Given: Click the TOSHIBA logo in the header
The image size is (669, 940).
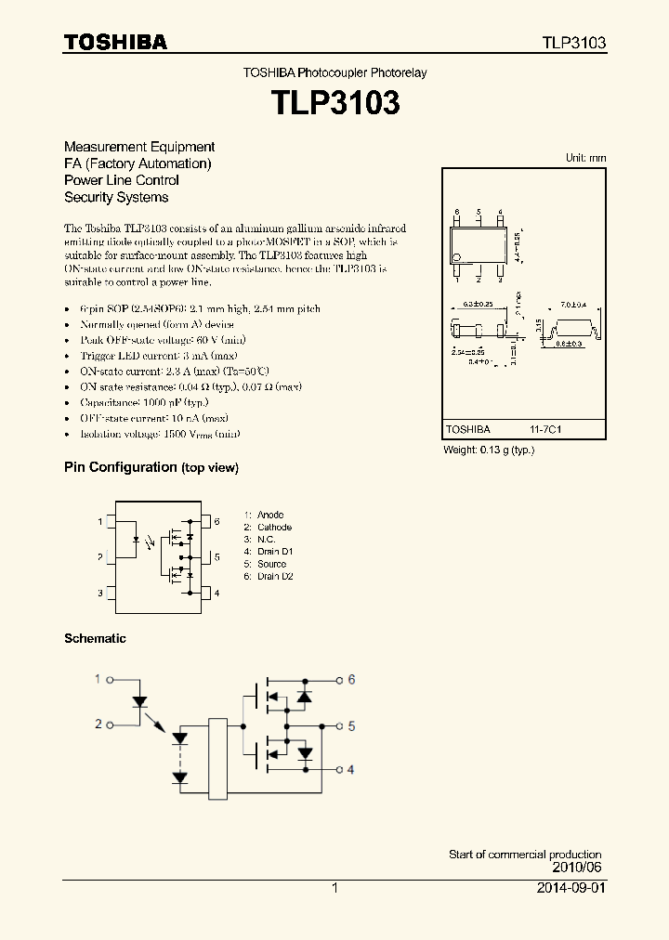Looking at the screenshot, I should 115,42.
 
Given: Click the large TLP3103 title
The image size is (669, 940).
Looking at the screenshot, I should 334,103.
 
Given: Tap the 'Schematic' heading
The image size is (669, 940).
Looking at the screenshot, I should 95,638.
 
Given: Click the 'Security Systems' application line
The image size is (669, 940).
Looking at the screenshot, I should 116,197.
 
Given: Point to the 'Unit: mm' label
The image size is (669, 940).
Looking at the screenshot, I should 585,158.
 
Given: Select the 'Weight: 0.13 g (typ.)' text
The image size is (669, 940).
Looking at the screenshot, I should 489,450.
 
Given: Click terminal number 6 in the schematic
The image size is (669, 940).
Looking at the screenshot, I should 351,679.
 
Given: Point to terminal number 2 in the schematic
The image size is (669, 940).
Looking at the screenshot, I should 98,724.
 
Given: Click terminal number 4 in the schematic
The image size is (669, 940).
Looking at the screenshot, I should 351,769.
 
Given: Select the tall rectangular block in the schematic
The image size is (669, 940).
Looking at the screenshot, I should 217,759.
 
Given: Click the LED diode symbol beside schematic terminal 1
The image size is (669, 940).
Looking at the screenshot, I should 139,701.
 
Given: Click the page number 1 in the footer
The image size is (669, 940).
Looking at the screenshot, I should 334,888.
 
